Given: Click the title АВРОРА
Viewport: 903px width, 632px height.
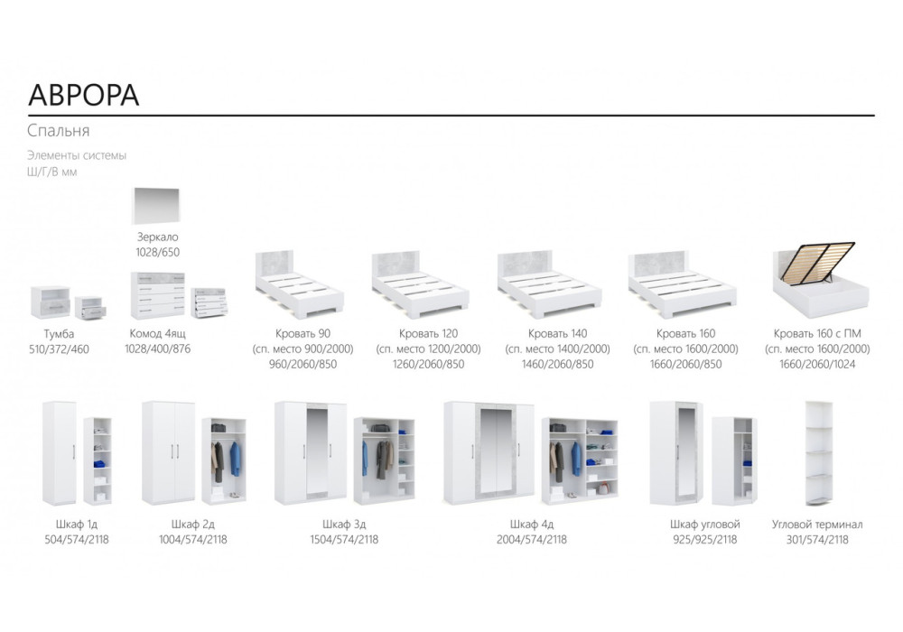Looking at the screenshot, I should (84, 96).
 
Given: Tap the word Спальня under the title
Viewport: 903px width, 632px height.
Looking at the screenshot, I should (59, 131).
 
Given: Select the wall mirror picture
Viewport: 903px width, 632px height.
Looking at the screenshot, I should (159, 206).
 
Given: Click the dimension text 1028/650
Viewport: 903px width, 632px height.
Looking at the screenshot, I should (158, 252).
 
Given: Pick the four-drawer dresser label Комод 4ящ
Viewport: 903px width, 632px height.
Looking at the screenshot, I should (158, 334).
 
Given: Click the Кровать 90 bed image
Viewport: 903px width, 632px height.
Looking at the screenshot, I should (299, 282).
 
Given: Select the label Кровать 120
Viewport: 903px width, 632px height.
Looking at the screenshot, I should (428, 334).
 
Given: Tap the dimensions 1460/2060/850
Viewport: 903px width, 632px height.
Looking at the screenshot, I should (557, 364).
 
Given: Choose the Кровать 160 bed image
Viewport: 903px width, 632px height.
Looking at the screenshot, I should (681, 282).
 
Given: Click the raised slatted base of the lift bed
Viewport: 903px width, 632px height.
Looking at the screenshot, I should (818, 262).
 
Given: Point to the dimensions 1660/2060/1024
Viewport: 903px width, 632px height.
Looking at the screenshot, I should (817, 364).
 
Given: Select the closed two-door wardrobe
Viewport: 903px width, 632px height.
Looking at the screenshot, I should (168, 452).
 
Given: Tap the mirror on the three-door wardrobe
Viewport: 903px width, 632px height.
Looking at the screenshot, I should (315, 451).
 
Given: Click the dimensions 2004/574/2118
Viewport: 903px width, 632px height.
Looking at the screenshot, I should (532, 539).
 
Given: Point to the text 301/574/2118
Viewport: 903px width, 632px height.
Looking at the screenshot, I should (817, 539).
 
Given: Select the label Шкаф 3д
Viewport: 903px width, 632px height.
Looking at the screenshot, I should (343, 524).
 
